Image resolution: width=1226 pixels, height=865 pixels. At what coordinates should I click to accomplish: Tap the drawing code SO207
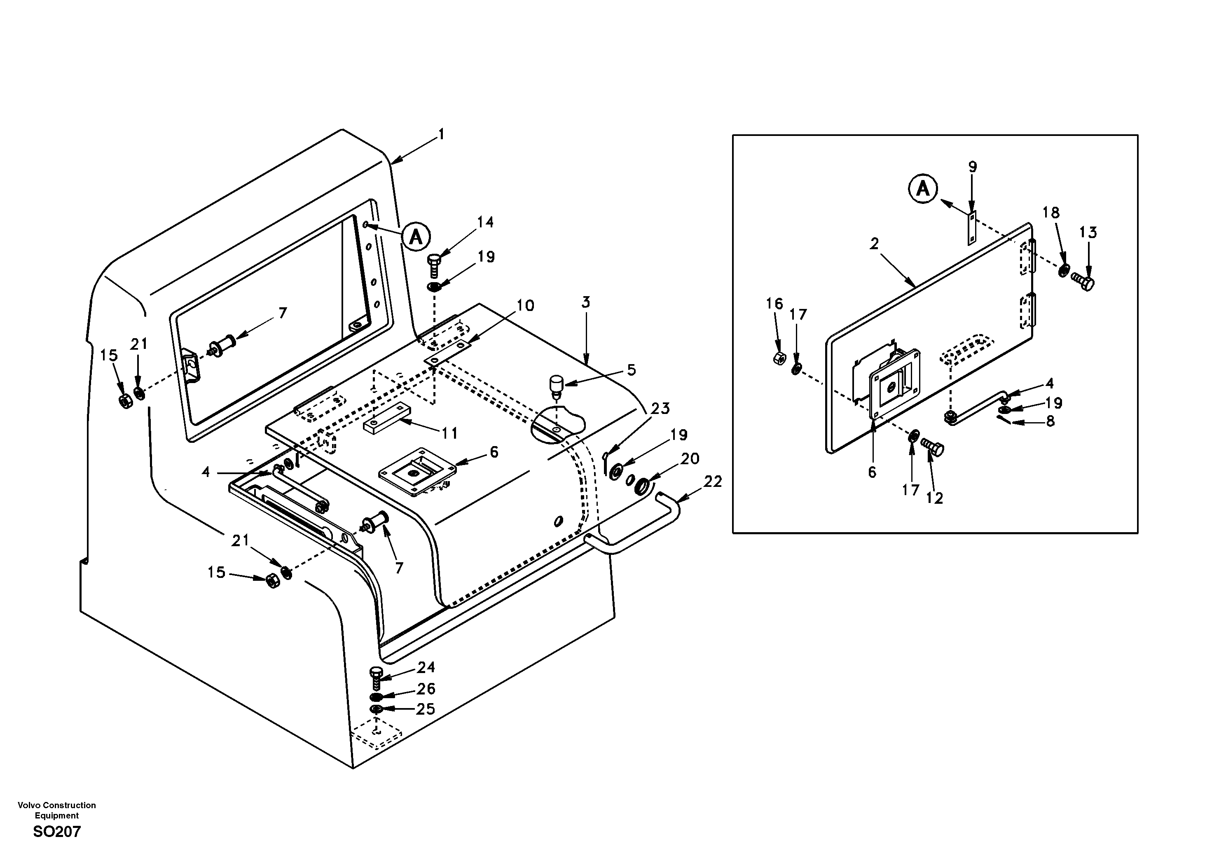(x=56, y=831)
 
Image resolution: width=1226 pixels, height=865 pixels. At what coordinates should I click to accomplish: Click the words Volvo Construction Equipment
(x=56, y=810)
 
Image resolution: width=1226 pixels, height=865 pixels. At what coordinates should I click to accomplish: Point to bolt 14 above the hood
(x=433, y=264)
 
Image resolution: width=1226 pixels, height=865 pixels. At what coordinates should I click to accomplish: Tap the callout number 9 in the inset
(x=972, y=167)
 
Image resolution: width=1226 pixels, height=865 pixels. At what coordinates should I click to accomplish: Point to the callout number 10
(x=525, y=306)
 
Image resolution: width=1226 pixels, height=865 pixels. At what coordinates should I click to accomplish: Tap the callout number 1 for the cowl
(x=441, y=135)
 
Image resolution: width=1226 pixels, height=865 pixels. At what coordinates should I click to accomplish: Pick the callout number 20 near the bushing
(x=690, y=459)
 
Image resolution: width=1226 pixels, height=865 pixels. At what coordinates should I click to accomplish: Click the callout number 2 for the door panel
(x=874, y=244)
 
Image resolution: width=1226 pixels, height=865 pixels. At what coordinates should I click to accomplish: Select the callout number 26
(x=426, y=688)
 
